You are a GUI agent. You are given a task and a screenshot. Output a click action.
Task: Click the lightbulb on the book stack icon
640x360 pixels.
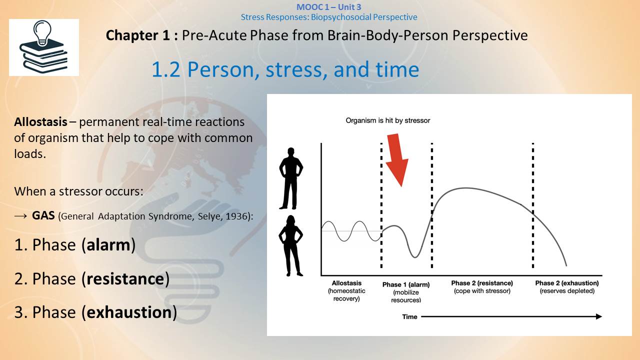[x=42, y=32]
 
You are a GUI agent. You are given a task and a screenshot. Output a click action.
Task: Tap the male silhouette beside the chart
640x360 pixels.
[x=291, y=178]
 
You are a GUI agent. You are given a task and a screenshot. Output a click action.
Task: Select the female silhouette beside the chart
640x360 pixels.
[x=290, y=245]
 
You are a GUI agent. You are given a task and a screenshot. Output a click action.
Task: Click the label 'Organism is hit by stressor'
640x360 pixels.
[x=387, y=120]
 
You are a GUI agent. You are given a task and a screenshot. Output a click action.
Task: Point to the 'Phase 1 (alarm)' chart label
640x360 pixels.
[x=406, y=284]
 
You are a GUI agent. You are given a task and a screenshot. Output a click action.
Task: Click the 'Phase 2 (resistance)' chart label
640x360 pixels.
[x=482, y=283]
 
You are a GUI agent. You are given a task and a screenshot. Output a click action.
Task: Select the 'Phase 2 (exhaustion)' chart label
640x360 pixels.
[x=567, y=283]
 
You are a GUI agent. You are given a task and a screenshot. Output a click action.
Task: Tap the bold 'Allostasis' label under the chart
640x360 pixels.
[x=346, y=283]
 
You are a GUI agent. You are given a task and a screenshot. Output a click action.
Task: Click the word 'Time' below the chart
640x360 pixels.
[x=409, y=316]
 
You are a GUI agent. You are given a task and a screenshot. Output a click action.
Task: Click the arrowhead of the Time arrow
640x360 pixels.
[x=599, y=316]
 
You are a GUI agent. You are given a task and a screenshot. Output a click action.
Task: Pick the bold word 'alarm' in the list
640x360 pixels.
[x=108, y=245]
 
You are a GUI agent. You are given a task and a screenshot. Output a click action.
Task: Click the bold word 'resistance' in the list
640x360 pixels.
[x=125, y=279]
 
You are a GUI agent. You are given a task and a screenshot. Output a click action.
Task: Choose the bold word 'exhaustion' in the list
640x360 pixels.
[x=129, y=312]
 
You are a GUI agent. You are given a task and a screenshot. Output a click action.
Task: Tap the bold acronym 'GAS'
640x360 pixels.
[x=43, y=215]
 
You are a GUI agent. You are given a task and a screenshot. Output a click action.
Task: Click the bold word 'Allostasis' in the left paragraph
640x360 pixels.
[x=41, y=122]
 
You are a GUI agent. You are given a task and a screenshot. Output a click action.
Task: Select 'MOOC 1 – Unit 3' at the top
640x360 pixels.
[x=329, y=7]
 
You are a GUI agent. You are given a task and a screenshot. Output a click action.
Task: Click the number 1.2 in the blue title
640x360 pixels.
[x=165, y=69]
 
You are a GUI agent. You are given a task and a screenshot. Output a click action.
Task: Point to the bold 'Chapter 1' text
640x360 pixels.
[x=138, y=35]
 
